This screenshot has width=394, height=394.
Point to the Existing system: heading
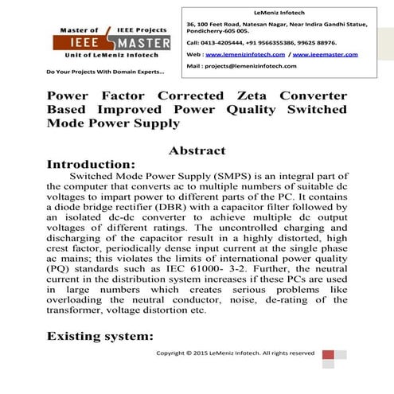click(100, 337)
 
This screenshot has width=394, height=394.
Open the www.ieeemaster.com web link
click(327, 54)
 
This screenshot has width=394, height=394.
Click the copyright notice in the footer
click(234, 352)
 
